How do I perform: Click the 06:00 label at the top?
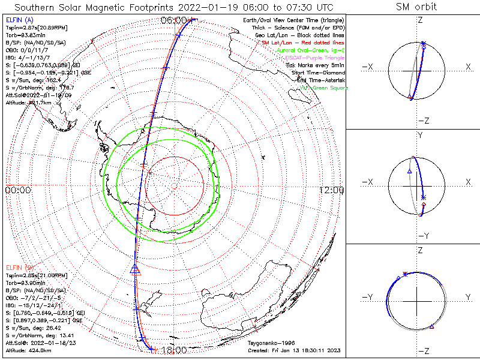pos(173,20)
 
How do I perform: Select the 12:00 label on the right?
pos(331,190)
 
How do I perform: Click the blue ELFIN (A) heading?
pos(19,20)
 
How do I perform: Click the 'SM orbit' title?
pos(416,7)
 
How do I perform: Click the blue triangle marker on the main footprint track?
pos(134,269)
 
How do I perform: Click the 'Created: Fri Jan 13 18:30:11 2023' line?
pos(295,350)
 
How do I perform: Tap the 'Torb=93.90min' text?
pos(25,281)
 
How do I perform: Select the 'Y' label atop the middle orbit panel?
pos(419,134)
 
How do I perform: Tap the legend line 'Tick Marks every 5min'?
pos(314,65)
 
